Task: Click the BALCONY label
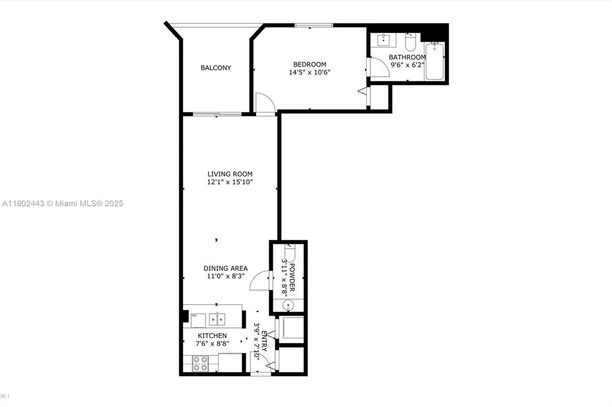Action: click(216, 68)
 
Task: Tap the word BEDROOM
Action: click(309, 64)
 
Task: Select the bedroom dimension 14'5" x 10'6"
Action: click(309, 72)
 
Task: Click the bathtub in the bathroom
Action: click(435, 61)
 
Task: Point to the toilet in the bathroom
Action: click(411, 42)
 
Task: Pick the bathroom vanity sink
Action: click(384, 40)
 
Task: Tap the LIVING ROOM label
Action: click(229, 174)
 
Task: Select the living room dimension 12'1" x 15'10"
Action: click(229, 182)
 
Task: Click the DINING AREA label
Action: click(226, 269)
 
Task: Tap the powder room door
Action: click(259, 280)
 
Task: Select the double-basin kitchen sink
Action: click(216, 319)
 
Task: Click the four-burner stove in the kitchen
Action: click(200, 363)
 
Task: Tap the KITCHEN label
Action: click(212, 336)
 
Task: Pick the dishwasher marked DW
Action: click(198, 320)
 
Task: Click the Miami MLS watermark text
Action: click(62, 203)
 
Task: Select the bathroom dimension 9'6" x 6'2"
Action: click(406, 64)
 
